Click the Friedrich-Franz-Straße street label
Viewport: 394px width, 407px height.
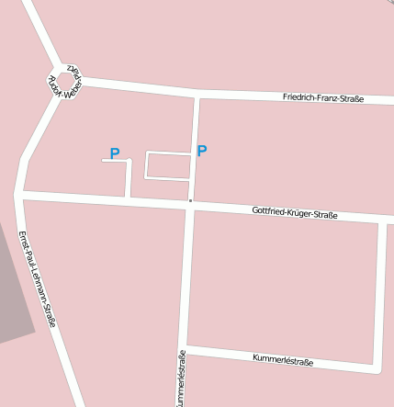tap(323, 98)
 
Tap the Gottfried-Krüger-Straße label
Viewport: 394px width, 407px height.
tap(294, 213)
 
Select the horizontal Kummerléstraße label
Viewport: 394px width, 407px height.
tap(282, 361)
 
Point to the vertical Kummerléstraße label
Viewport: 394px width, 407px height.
tap(182, 379)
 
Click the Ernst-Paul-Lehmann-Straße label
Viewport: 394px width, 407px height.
tap(37, 278)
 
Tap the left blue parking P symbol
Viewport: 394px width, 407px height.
tap(115, 153)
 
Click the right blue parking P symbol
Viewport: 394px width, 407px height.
tap(202, 151)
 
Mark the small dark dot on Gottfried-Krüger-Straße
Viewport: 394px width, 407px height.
tap(190, 199)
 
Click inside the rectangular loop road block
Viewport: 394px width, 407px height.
tap(168, 165)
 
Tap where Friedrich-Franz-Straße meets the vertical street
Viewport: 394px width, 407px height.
tap(197, 94)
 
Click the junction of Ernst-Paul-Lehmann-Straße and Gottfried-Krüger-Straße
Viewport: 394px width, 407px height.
tap(20, 194)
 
